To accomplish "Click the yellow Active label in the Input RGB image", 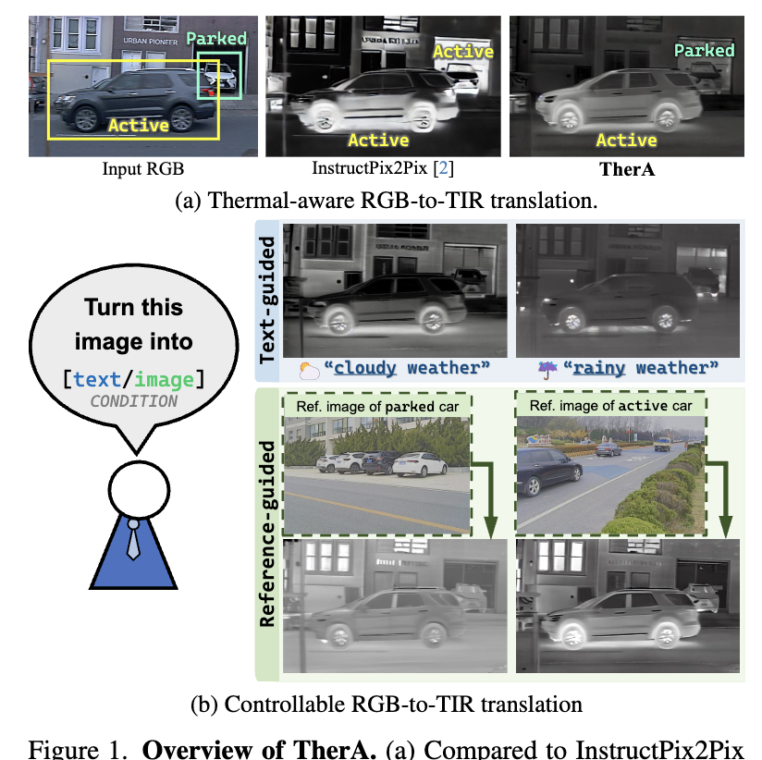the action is point(139,126).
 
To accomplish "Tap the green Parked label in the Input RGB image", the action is point(216,39).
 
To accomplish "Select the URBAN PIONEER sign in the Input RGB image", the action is point(150,42).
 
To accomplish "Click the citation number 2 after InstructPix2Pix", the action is point(443,168).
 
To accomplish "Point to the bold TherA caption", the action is point(627,169).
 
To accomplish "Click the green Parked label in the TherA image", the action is point(704,51).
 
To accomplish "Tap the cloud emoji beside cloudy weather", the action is point(309,370).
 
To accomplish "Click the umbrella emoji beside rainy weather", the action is point(547,370).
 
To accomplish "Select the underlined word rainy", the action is point(598,368).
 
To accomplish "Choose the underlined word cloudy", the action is point(364,368).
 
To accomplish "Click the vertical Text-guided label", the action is point(267,300).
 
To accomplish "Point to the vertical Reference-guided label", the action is point(267,534).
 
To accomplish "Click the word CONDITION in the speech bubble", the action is point(134,401).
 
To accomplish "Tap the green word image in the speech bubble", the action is point(164,379).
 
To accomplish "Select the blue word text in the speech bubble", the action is point(97,379).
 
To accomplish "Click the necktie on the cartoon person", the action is point(133,539).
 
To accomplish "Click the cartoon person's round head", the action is point(139,490).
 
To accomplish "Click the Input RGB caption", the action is point(142,168).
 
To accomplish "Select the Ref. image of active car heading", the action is point(610,406).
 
